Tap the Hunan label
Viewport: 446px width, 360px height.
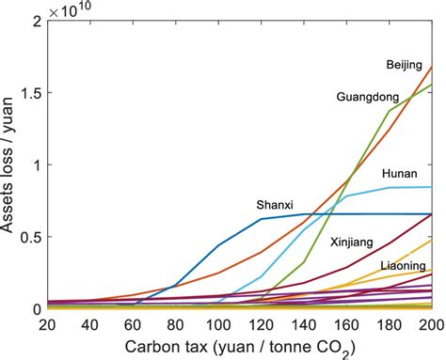(400, 175)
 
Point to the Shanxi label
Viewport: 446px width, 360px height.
(275, 204)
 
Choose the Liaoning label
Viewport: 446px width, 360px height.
(402, 267)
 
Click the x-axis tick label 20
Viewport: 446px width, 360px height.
(44, 324)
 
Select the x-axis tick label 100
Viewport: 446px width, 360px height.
(217, 324)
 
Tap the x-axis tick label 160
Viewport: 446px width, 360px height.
(346, 324)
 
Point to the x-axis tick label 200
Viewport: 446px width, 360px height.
(429, 324)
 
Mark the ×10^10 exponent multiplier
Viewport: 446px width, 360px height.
(66, 8)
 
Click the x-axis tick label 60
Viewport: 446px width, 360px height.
(132, 324)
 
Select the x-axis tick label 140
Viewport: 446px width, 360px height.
(303, 324)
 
